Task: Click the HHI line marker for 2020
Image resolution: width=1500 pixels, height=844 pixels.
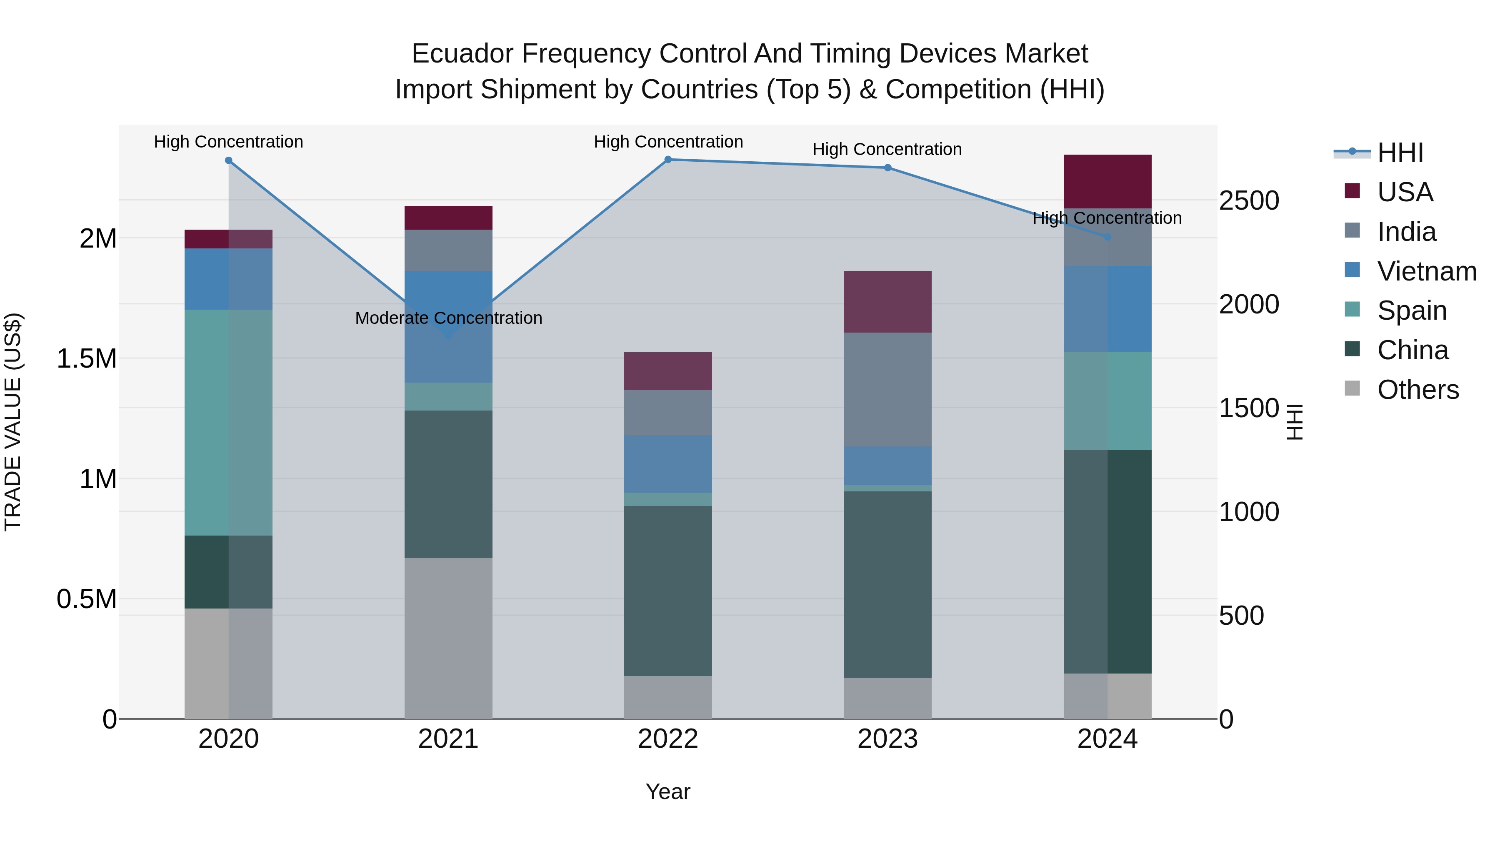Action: click(x=228, y=161)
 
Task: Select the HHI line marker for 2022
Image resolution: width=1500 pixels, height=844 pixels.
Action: click(x=668, y=160)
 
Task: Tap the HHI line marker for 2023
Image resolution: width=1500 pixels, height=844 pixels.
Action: click(x=887, y=168)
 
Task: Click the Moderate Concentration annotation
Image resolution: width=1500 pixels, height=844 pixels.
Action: click(x=448, y=318)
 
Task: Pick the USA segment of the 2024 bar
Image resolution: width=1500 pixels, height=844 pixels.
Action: click(x=1107, y=181)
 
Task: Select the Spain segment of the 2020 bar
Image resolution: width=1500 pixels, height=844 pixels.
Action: click(x=228, y=422)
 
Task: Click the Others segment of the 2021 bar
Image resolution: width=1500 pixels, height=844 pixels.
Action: click(x=448, y=638)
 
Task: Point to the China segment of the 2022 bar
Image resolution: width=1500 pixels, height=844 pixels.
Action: click(x=668, y=591)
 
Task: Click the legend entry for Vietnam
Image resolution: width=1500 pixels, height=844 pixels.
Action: click(x=1426, y=271)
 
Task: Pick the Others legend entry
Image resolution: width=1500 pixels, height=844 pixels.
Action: click(x=1417, y=390)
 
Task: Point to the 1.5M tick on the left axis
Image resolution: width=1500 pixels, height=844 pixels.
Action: click(x=86, y=359)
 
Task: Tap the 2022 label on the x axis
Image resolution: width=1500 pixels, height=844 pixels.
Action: click(x=668, y=739)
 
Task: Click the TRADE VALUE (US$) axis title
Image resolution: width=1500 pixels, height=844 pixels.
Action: click(x=13, y=422)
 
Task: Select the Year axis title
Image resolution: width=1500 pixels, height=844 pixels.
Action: click(x=668, y=791)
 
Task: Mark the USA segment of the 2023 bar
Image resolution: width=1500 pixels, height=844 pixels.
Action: click(x=887, y=302)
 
